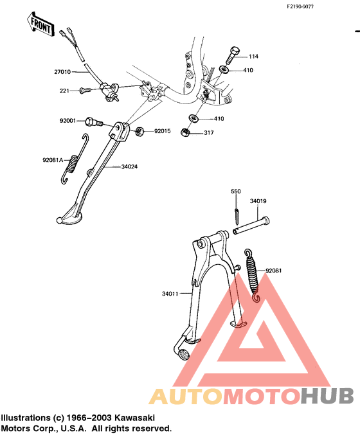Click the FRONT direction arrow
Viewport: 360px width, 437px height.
point(40,24)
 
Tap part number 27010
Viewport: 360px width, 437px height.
point(62,72)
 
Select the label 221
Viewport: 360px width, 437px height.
point(64,91)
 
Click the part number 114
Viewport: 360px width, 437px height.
point(253,57)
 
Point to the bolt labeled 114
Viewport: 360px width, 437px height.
point(233,55)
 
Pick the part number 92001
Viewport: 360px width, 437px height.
point(67,121)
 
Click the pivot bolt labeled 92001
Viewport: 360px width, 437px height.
point(93,122)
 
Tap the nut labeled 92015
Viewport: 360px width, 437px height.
point(139,131)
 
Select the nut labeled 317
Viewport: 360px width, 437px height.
point(185,132)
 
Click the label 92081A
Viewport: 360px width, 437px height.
point(53,160)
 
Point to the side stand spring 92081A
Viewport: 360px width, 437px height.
point(74,159)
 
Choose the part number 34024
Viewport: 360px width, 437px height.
point(129,166)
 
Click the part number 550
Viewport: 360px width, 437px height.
point(236,192)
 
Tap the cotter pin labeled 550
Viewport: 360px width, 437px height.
point(236,217)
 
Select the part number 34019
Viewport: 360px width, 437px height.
point(258,201)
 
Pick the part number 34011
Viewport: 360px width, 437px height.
point(170,294)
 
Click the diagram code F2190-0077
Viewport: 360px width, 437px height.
point(300,6)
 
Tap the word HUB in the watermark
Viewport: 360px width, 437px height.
point(327,396)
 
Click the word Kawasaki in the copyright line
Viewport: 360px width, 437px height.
point(135,418)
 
